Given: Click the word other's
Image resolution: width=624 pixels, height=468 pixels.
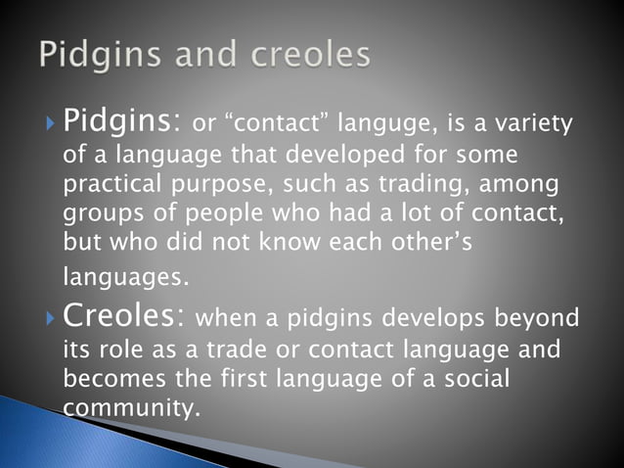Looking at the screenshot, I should coord(433,242).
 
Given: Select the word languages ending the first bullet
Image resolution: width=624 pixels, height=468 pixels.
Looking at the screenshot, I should coord(122,278).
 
